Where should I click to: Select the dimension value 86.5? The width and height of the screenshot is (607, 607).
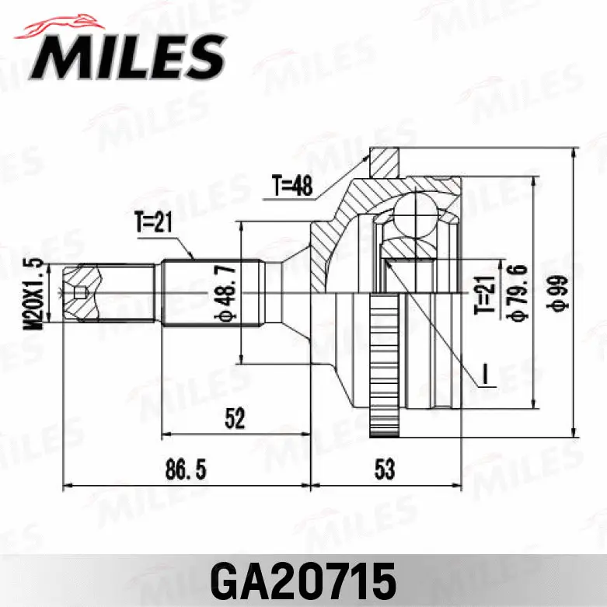[x=181, y=470]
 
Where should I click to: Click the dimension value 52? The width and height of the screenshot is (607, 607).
[x=234, y=419]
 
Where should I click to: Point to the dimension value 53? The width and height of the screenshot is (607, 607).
[x=384, y=470]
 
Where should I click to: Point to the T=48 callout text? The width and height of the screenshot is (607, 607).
[x=291, y=187]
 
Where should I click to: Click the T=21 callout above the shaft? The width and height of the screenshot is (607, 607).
[x=152, y=224]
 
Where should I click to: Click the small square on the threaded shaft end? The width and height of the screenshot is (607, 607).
[x=77, y=293]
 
